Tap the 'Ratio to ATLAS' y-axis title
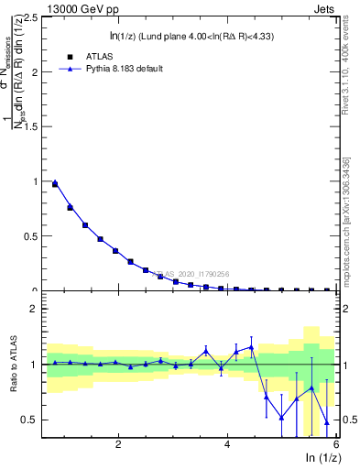[12, 365]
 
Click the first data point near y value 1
[55, 183]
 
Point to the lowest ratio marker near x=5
[281, 418]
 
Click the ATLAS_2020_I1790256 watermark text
[192, 273]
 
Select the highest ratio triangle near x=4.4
[251, 346]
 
